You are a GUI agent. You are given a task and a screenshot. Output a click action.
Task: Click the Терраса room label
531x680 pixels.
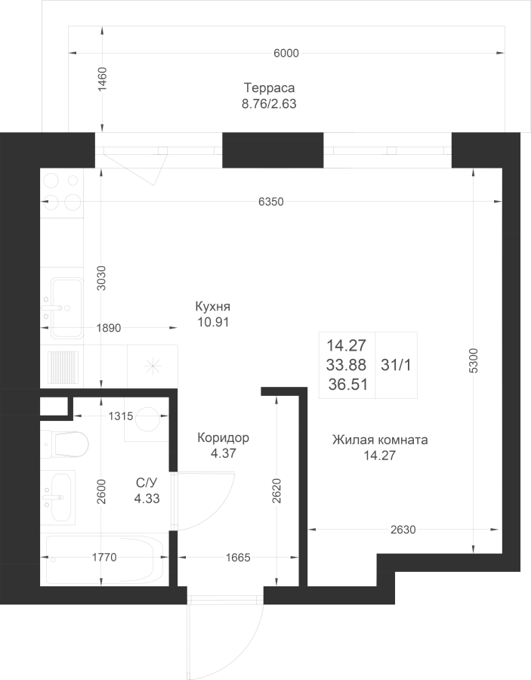pyautogui.click(x=269, y=88)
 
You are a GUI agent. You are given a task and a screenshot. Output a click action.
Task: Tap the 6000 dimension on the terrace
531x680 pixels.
pyautogui.click(x=286, y=54)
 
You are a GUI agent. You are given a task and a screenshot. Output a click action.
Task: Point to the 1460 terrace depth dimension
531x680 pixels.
pyautogui.click(x=102, y=79)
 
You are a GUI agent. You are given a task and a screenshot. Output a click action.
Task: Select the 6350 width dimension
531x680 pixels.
pyautogui.click(x=271, y=202)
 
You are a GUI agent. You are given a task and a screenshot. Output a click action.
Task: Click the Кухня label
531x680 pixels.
pyautogui.click(x=212, y=307)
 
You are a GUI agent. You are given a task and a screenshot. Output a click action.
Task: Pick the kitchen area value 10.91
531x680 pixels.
pyautogui.click(x=213, y=322)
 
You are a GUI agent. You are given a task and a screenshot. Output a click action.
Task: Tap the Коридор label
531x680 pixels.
pyautogui.click(x=224, y=438)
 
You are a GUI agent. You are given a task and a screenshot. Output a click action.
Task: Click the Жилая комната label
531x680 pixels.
pyautogui.click(x=380, y=440)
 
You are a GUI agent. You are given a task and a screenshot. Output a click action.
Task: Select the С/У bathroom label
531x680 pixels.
pyautogui.click(x=147, y=483)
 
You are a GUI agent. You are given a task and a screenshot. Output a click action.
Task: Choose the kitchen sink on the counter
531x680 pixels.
pyautogui.click(x=66, y=308)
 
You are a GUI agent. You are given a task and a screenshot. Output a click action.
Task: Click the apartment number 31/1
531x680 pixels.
pyautogui.click(x=396, y=365)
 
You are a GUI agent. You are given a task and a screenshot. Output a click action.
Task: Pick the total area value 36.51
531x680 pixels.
pyautogui.click(x=347, y=385)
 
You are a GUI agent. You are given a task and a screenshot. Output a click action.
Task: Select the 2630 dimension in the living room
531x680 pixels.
pyautogui.click(x=403, y=530)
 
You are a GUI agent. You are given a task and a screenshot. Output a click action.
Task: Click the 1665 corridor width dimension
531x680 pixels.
pyautogui.click(x=238, y=558)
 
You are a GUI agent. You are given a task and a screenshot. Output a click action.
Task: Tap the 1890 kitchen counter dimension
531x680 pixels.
pyautogui.click(x=108, y=328)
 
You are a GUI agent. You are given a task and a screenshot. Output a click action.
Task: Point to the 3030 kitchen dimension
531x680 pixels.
pyautogui.click(x=101, y=278)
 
